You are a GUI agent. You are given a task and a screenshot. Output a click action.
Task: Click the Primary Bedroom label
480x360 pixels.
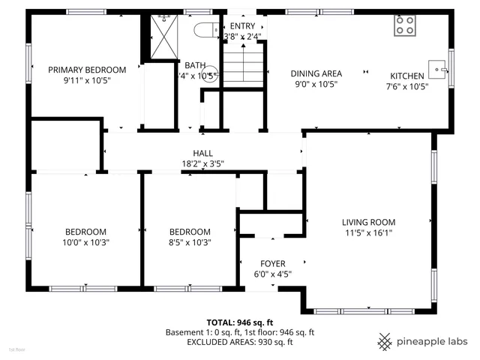(87, 70)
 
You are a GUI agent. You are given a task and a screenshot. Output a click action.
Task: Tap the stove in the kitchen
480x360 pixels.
(405, 26)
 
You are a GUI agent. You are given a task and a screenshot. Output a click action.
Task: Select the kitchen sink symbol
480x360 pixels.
(437, 69)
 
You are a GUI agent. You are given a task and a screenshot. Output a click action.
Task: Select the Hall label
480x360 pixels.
(202, 153)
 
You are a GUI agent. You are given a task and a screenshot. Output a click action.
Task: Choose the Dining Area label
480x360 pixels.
(316, 73)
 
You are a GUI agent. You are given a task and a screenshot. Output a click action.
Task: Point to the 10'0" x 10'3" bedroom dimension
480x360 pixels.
(85, 242)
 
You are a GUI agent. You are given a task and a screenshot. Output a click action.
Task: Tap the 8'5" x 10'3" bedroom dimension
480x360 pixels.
(190, 242)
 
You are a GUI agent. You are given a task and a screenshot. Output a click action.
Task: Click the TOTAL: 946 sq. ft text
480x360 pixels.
(239, 320)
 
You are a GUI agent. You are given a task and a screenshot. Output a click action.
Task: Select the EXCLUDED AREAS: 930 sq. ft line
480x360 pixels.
(239, 342)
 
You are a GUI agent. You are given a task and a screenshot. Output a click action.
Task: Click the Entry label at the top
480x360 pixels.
(242, 26)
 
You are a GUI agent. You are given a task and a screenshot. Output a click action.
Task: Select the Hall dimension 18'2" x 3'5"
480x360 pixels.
(202, 163)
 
